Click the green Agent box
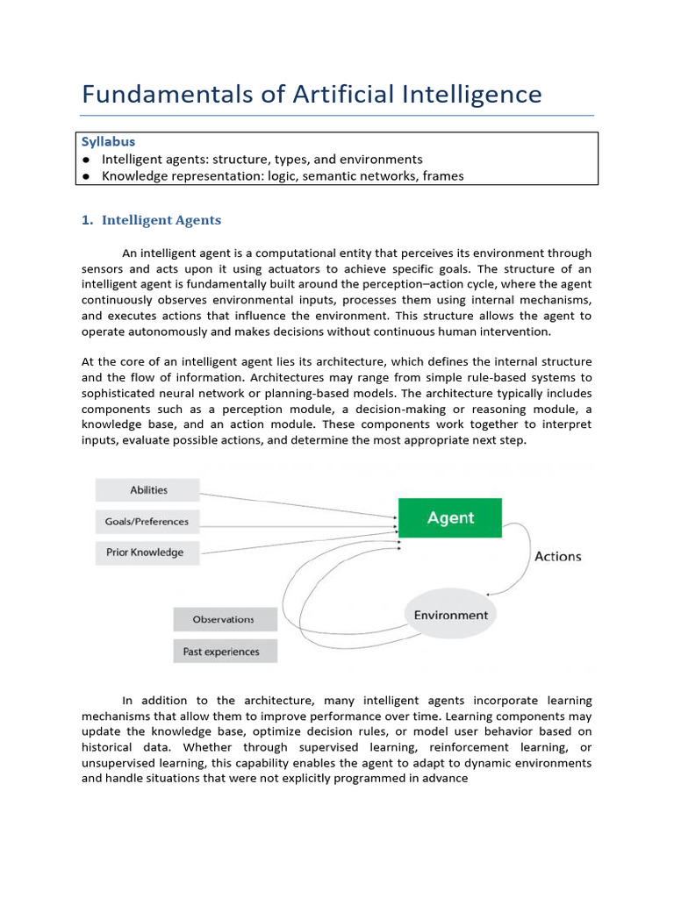[450, 517]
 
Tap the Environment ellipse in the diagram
[451, 615]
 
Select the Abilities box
[148, 490]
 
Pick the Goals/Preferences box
[147, 522]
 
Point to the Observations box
[224, 619]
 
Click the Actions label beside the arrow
[557, 556]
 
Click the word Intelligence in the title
[473, 95]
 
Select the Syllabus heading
[108, 141]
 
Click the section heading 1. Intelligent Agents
[151, 221]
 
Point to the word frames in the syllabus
[444, 176]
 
